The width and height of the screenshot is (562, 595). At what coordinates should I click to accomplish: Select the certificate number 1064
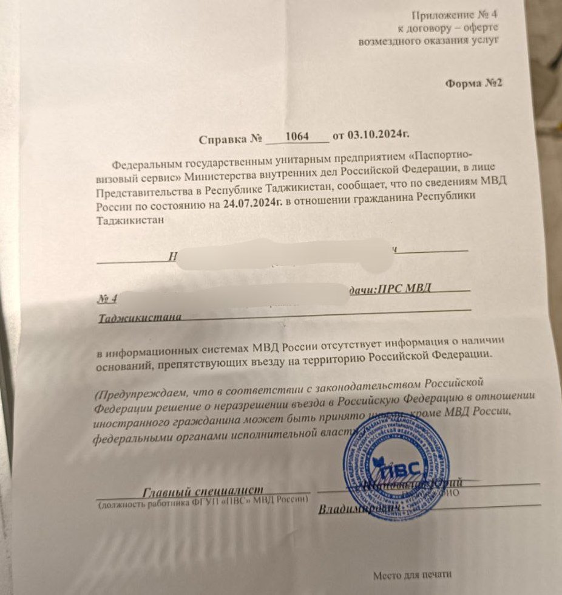tap(297, 137)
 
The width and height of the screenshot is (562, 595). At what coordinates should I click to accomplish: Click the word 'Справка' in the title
tap(223, 139)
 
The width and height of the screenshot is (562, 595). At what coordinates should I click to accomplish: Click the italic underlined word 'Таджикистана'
tap(140, 317)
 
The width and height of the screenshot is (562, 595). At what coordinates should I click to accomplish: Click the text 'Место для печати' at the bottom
tap(412, 574)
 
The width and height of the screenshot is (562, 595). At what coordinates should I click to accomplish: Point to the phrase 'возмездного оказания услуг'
tap(428, 41)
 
